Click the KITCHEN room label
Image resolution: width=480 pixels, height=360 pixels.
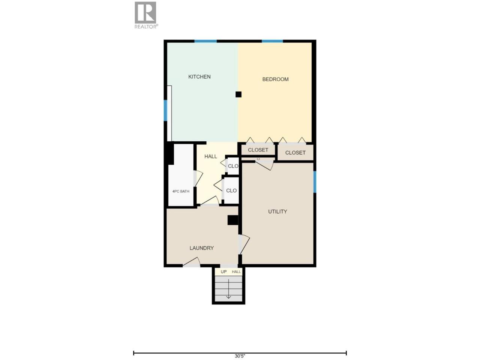[199, 77]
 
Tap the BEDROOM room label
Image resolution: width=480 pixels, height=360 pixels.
[275, 79]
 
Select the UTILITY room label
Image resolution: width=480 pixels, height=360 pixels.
[277, 211]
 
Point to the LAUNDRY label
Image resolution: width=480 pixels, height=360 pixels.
[201, 248]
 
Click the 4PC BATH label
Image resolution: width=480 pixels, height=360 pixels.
[181, 191]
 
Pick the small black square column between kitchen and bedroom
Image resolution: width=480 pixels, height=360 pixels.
[238, 94]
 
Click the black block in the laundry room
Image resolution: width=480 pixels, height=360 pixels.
[232, 220]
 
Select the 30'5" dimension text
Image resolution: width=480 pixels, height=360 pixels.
[240, 356]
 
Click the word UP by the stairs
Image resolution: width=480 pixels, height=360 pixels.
[223, 272]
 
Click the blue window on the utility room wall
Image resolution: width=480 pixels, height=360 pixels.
[315, 182]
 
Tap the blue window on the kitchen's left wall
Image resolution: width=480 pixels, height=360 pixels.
[165, 110]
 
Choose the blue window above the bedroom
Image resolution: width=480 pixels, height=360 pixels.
[272, 41]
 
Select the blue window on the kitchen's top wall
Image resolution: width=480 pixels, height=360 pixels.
[205, 41]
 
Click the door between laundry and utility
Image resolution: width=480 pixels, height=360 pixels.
[244, 244]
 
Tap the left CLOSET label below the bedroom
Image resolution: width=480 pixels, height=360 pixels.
[258, 150]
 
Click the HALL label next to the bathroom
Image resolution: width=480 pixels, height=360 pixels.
[211, 156]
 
